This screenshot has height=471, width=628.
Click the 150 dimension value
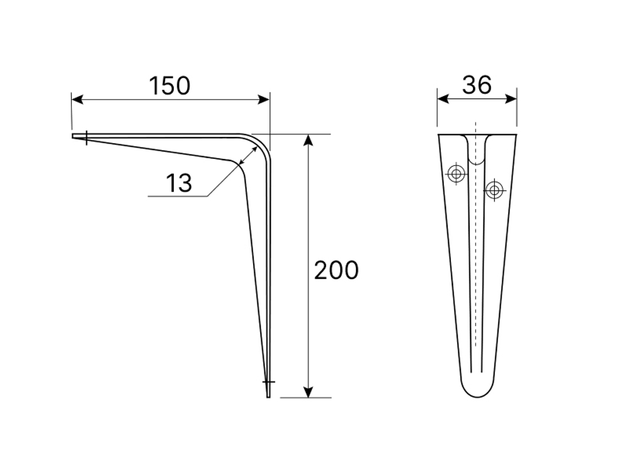tap(170, 85)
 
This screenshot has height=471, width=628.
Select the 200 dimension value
tap(336, 270)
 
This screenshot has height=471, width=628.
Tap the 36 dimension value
tap(477, 85)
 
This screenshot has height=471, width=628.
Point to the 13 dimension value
tap(178, 183)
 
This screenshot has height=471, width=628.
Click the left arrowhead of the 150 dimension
tap(77, 99)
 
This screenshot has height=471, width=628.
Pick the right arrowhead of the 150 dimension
tap(264, 99)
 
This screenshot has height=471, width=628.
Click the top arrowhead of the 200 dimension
tap(308, 140)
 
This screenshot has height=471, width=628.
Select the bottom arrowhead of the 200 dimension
tap(308, 392)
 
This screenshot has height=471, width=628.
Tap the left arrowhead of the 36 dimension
tap(443, 99)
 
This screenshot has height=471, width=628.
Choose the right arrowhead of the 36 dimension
tap(511, 99)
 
